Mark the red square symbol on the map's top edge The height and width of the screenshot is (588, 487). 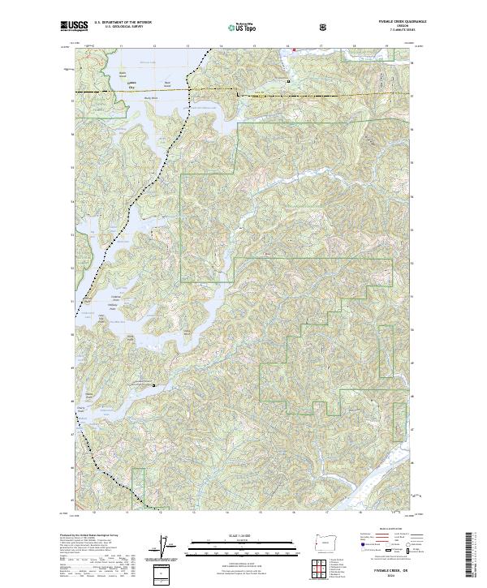(x=294, y=48)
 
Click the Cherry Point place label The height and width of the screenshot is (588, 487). (x=81, y=410)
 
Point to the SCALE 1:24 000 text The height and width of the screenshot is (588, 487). (x=231, y=534)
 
